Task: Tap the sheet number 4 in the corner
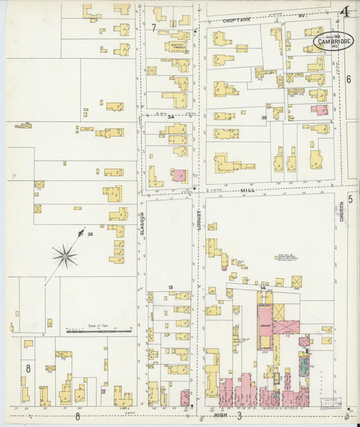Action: pos(344,11)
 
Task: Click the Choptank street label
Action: pos(237,21)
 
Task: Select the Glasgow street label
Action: pos(143,219)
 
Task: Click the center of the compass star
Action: pos(66,256)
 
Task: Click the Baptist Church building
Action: pos(179,47)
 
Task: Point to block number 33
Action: pos(89,234)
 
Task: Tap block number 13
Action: pos(171,288)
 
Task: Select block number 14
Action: pos(261,288)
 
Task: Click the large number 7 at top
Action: pos(153,28)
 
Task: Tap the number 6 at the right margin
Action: pos(349,79)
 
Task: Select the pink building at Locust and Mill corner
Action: pos(179,175)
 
